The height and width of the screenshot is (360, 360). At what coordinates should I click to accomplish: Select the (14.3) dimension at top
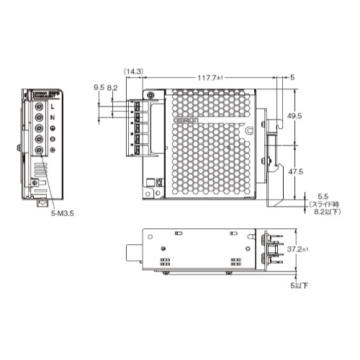pos(132,71)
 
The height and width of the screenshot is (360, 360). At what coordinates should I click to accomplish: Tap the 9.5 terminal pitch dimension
pos(98,87)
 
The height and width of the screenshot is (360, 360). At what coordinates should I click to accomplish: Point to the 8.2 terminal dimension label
pos(112,87)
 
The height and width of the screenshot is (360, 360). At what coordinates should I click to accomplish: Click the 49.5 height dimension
pos(315,115)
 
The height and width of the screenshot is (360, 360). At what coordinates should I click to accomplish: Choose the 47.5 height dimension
pos(315,172)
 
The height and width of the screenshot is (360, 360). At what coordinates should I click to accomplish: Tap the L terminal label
pos(53,107)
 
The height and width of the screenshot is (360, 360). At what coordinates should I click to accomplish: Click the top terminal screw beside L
pos(39,107)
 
